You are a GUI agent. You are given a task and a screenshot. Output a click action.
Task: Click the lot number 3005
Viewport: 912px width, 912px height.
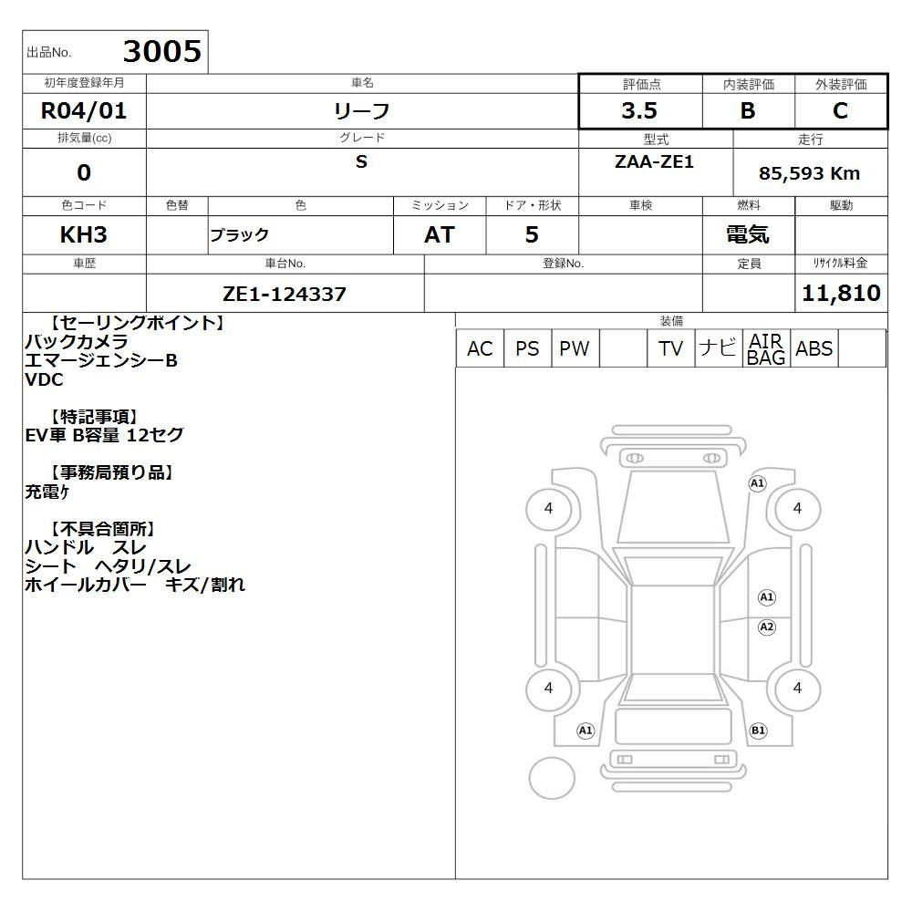(162, 51)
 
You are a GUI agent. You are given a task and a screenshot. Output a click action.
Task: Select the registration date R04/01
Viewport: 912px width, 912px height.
(84, 110)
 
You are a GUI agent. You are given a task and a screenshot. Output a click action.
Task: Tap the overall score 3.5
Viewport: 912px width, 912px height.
(639, 110)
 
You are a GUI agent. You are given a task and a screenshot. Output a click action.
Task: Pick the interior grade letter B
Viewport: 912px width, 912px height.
(748, 110)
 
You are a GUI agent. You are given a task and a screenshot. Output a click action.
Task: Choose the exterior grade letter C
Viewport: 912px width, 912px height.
(840, 110)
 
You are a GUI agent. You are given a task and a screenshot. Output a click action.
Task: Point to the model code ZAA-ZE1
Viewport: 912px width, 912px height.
(654, 161)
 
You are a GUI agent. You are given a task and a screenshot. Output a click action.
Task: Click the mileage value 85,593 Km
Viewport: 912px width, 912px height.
(809, 173)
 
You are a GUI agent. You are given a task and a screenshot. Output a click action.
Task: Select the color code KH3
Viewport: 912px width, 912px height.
(84, 235)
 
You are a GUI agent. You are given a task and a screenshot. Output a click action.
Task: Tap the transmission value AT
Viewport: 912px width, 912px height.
(440, 235)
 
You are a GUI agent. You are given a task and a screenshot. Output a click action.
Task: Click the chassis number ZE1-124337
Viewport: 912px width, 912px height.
(285, 295)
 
